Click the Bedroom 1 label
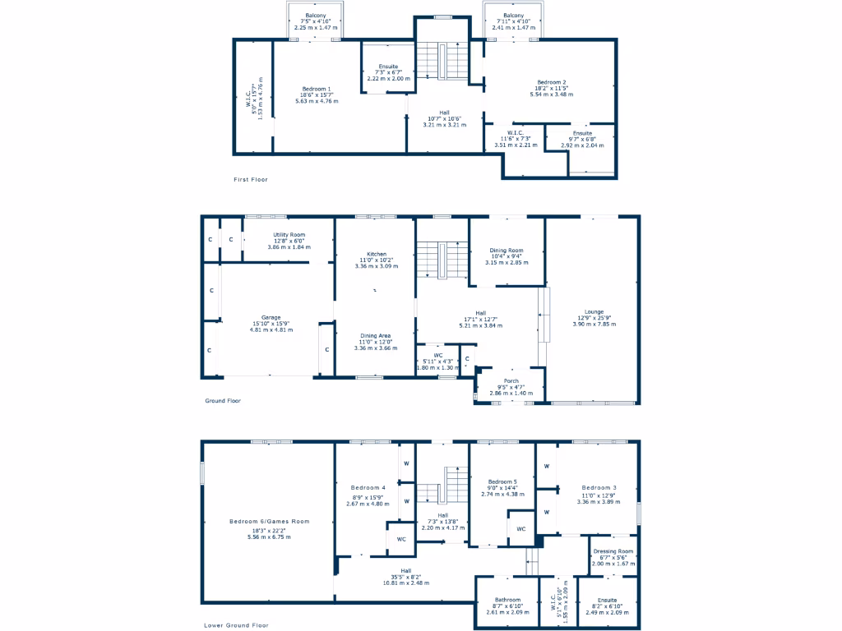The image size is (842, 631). tap(317, 89)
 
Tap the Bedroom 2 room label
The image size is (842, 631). tap(552, 82)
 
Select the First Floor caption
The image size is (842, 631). tap(251, 179)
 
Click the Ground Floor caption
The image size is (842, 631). tap(222, 401)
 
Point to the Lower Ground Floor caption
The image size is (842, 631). tap(236, 625)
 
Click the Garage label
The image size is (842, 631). tap(271, 317)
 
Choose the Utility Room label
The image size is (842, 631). tap(289, 234)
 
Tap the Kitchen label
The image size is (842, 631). tap(376, 254)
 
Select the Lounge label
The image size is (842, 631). tap(594, 311)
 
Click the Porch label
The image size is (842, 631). tap(511, 381)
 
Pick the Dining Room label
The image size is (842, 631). tap(507, 250)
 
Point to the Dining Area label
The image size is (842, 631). tap(375, 335)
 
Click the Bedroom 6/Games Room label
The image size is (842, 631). tap(271, 521)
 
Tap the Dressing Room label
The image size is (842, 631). tap(613, 551)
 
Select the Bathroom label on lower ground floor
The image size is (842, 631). tap(507, 599)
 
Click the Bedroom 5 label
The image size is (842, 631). tap(502, 481)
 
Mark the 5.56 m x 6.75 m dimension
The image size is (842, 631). tap(271, 537)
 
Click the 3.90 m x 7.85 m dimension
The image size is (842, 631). tap(594, 325)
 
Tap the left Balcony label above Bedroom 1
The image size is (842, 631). tap(317, 16)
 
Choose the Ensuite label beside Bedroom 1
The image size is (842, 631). tap(388, 66)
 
